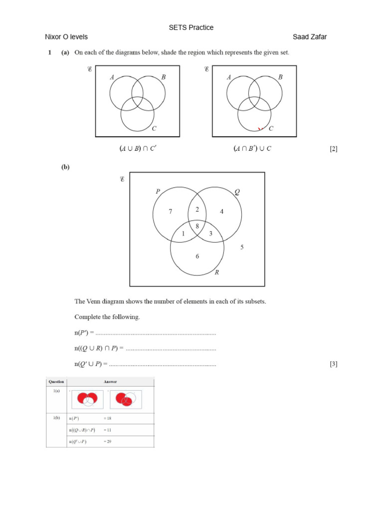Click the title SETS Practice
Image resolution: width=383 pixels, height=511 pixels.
coord(191,27)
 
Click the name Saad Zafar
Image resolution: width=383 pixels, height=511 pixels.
coord(310,37)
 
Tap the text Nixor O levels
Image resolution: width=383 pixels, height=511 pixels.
coord(66,37)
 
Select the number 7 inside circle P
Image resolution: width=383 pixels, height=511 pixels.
coord(171,212)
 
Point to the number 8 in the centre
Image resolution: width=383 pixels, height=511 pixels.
coord(197,226)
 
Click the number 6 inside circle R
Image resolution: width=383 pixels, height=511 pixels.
coord(197,256)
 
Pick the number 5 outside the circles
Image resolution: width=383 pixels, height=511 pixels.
coord(242,247)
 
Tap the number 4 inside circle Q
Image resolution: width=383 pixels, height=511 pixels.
coord(222,212)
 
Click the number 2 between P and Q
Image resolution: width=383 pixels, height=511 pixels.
coord(197,210)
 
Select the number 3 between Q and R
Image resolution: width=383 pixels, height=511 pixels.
coord(211,234)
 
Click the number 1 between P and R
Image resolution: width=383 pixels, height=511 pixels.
coord(184,234)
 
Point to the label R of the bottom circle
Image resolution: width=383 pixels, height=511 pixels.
coord(217,272)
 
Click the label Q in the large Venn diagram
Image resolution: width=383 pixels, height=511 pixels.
coord(236,191)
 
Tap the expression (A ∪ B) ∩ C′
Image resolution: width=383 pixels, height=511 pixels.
coord(137,149)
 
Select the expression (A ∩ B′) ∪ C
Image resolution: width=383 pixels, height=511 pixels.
coord(252,149)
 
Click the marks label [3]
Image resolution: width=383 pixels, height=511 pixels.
coord(334,364)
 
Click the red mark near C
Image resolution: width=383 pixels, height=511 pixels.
coord(260,129)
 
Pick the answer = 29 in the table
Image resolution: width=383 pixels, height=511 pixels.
coord(108,442)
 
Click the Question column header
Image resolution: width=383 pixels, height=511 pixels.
coord(56,382)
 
